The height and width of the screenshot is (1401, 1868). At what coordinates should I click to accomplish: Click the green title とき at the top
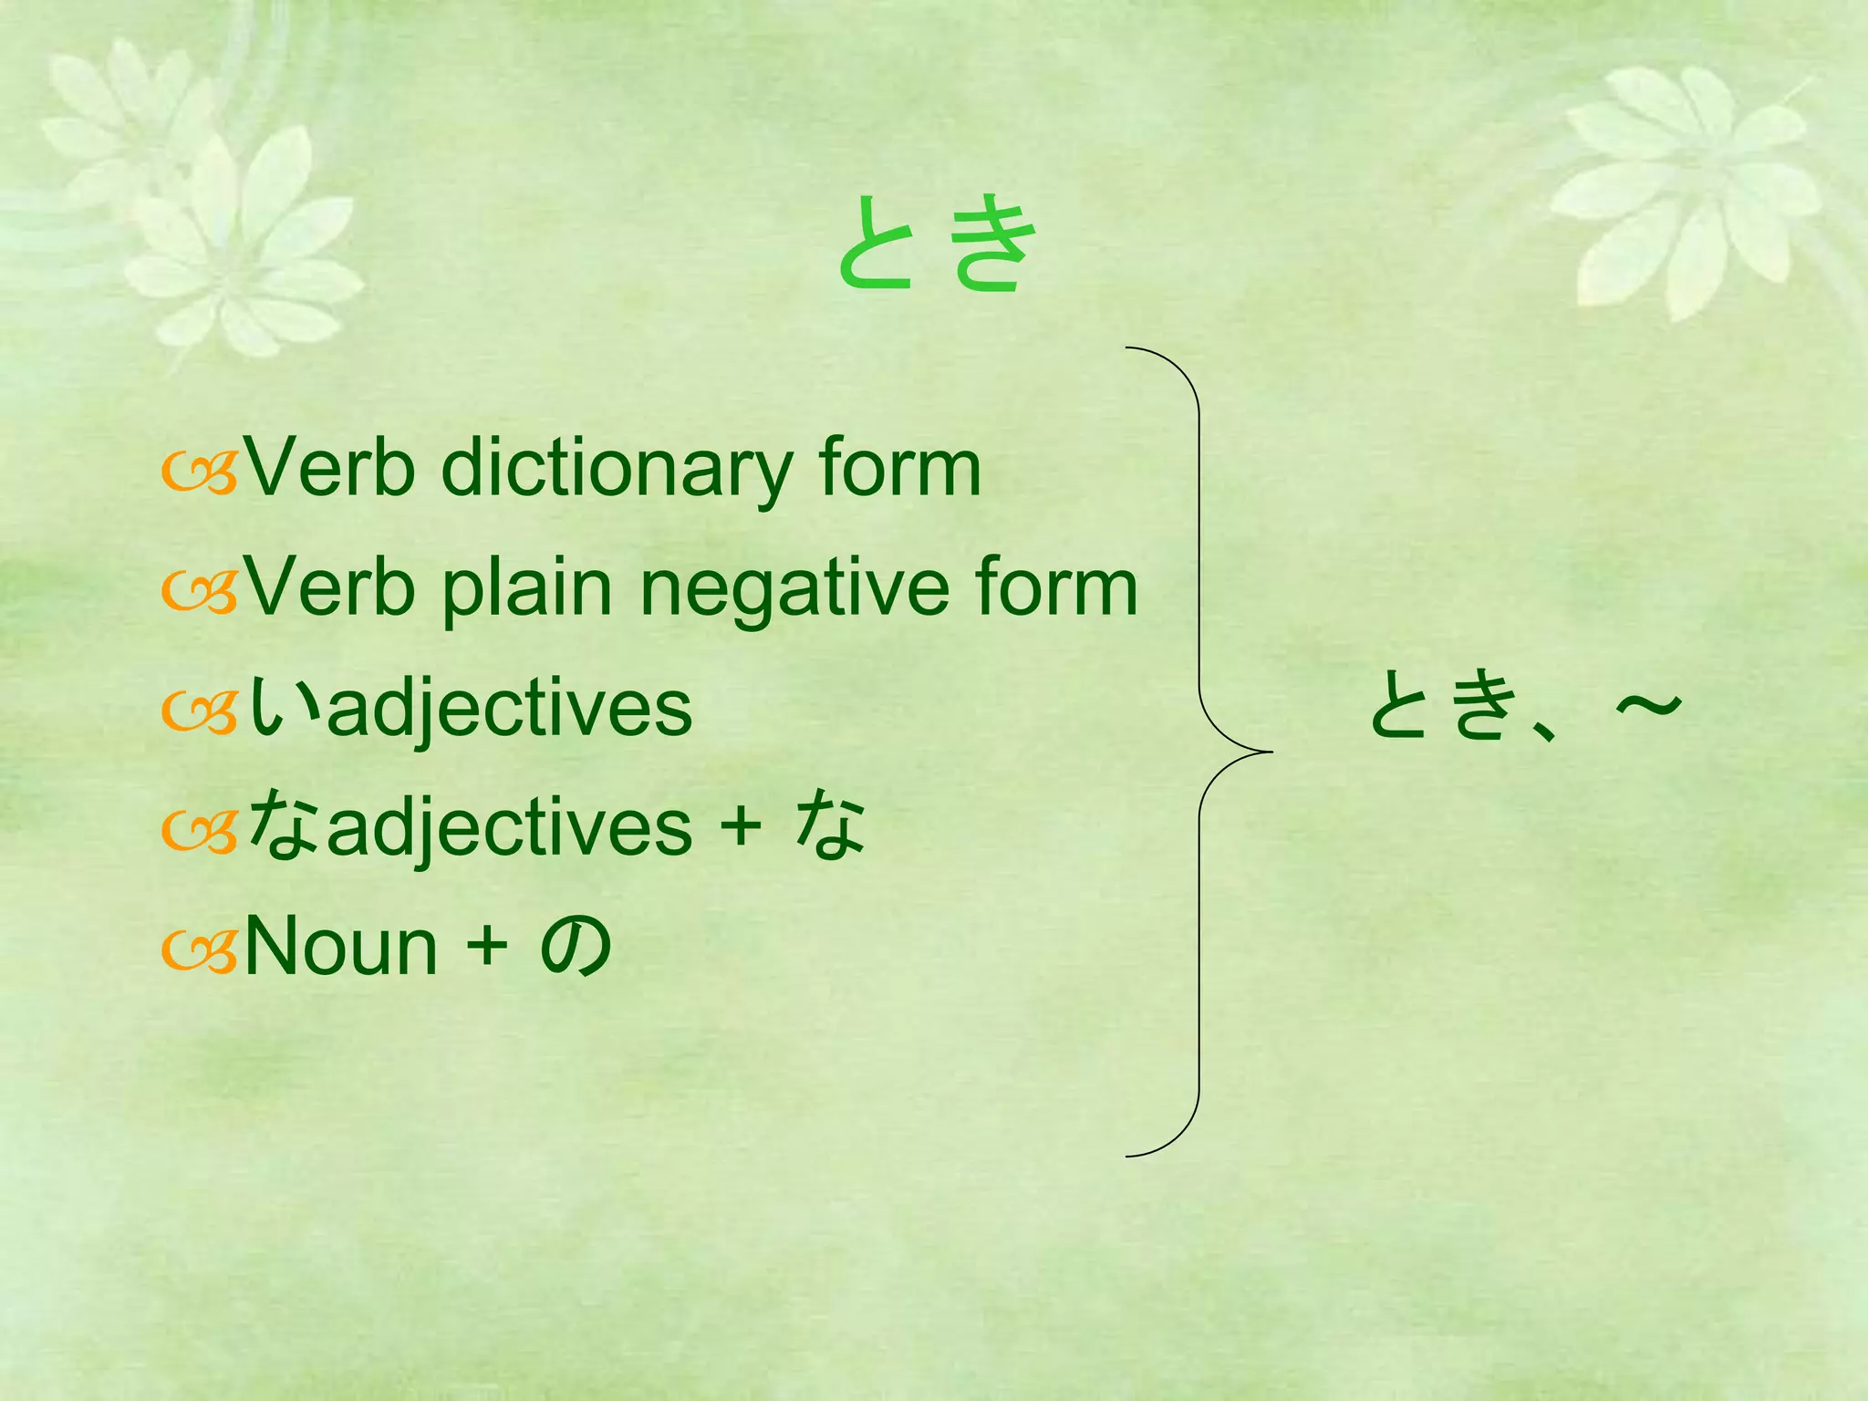(937, 244)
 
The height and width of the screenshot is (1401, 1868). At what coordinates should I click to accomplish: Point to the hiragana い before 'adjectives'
(285, 708)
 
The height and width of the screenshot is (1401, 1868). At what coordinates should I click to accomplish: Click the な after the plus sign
(829, 825)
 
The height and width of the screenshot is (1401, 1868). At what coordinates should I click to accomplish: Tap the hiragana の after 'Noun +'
(576, 946)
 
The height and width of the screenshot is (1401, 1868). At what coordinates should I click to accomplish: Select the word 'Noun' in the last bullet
(341, 947)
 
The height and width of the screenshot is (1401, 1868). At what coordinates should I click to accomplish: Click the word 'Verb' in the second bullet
(330, 588)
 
